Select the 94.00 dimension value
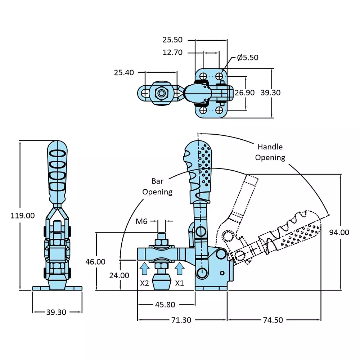coord(339,233)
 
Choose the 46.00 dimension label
coord(95,262)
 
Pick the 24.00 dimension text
coord(119,275)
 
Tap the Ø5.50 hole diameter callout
coord(247,57)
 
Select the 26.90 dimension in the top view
coord(244,93)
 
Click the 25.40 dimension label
coord(124,73)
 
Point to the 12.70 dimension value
coord(173,53)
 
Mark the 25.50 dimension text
coord(173,40)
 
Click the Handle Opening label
coord(270,152)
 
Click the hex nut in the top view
coord(161,93)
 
